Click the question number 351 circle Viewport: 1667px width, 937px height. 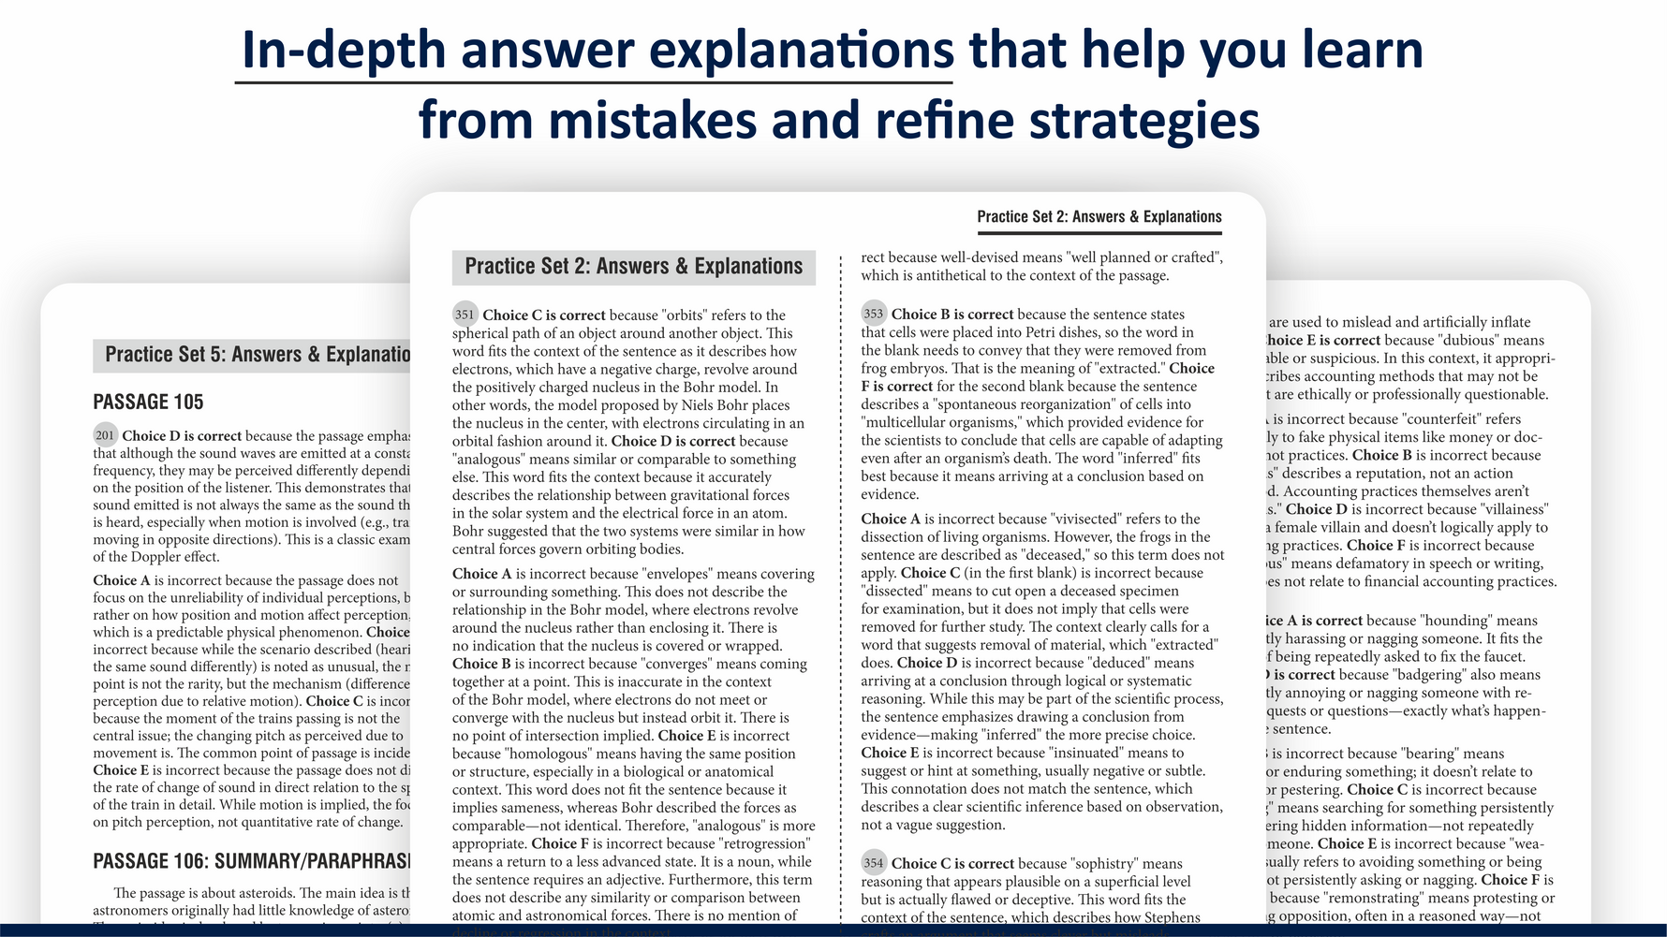pyautogui.click(x=465, y=315)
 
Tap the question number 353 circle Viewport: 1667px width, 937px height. pyautogui.click(x=874, y=314)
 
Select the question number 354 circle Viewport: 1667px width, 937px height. pyautogui.click(x=874, y=863)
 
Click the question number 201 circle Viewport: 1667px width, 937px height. pyautogui.click(x=105, y=435)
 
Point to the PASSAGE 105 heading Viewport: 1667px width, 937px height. pyautogui.click(x=148, y=402)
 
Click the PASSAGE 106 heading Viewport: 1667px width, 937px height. pyautogui.click(x=251, y=861)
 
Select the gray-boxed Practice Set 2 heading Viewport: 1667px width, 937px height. pyautogui.click(x=633, y=267)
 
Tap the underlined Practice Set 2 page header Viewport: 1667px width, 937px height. pyautogui.click(x=1099, y=217)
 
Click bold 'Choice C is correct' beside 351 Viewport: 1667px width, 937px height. pyautogui.click(x=544, y=315)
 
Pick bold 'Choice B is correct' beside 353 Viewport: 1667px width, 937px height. pyautogui.click(x=952, y=315)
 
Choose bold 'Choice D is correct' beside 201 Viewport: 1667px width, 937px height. pyautogui.click(x=182, y=436)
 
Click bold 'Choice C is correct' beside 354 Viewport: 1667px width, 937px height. pyautogui.click(x=952, y=864)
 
